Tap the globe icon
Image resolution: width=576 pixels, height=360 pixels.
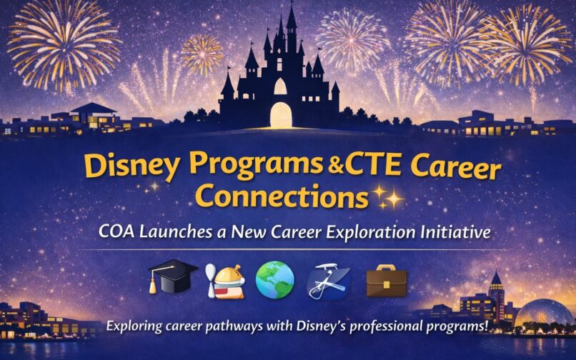275,279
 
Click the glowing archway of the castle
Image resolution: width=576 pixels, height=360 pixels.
281,114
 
